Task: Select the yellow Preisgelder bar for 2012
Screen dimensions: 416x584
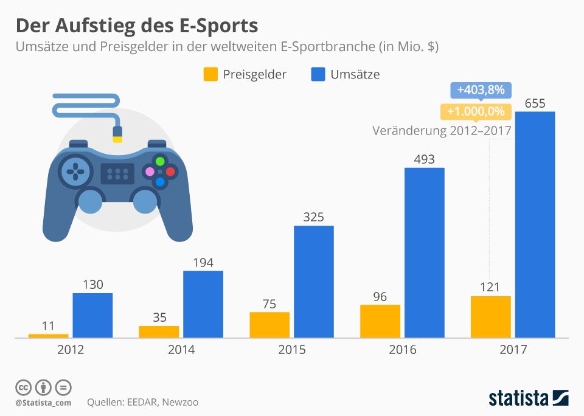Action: [x=49, y=335]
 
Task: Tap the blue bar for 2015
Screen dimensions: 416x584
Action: [x=314, y=281]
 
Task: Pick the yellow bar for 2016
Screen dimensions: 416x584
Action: [x=380, y=321]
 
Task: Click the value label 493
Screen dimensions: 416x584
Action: [x=424, y=159]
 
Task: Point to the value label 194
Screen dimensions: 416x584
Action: [x=203, y=263]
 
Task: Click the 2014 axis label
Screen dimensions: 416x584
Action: [x=181, y=350]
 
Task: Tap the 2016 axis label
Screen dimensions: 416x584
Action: [x=402, y=350]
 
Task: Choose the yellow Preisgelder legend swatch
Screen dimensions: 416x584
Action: [x=210, y=75]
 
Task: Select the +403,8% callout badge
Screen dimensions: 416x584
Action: [x=481, y=90]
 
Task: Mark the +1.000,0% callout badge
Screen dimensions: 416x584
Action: [x=476, y=111]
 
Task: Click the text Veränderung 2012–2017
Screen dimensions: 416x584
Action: [x=441, y=130]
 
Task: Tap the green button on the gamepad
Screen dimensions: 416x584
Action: [x=160, y=162]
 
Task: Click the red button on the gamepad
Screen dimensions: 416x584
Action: [x=170, y=172]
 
